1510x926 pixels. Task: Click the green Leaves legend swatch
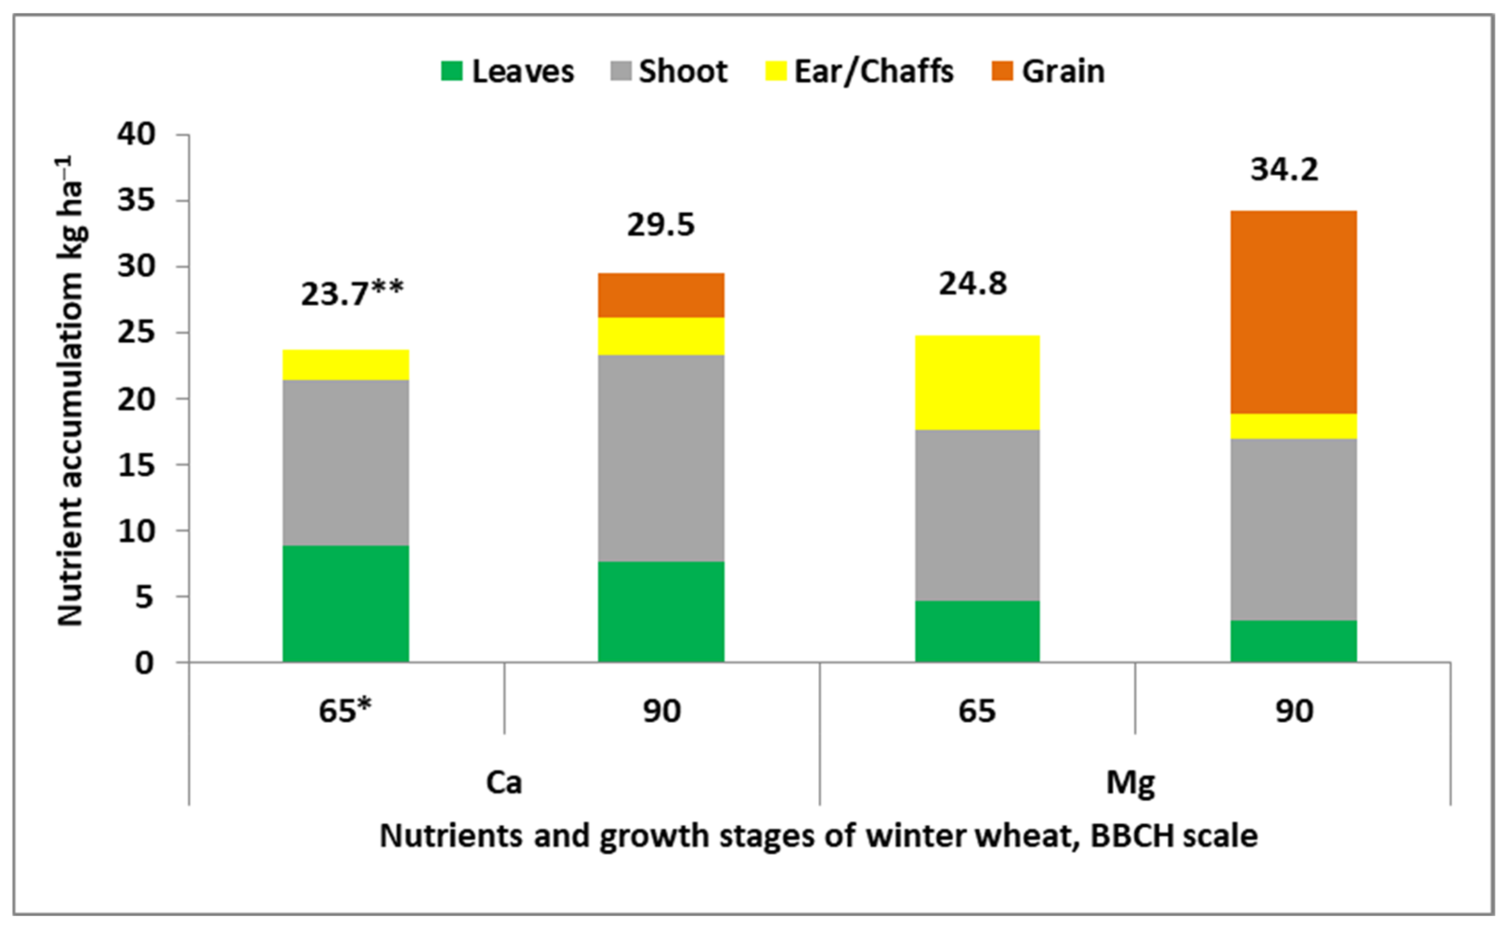coord(452,71)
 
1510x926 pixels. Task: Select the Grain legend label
coord(1063,71)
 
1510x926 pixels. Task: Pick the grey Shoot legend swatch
coord(621,71)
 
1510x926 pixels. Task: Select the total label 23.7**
coord(352,294)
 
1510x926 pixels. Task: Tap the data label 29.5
coord(660,225)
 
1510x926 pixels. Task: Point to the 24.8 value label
coord(973,284)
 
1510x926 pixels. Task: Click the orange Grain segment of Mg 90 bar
coord(1293,312)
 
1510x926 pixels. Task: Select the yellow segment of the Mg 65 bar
coord(977,383)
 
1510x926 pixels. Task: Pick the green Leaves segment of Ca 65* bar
coord(345,603)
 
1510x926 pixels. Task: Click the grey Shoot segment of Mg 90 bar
coord(1293,530)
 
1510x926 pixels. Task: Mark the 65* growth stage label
coord(345,711)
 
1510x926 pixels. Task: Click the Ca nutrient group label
coord(504,783)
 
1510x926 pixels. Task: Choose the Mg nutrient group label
coord(1130,783)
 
